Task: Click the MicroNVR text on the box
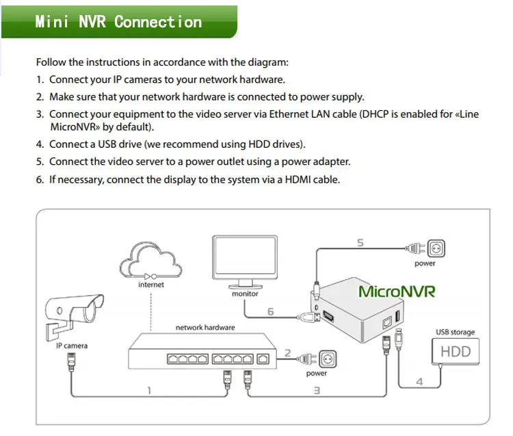coord(397,291)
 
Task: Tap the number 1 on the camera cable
coord(149,391)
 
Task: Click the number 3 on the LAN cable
coord(317,390)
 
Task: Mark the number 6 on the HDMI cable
coord(271,312)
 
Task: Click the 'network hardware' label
coord(205,328)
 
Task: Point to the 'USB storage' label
coord(455,333)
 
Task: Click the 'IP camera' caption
coord(71,346)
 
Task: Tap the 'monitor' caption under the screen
coord(245,294)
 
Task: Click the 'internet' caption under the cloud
coord(151,285)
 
